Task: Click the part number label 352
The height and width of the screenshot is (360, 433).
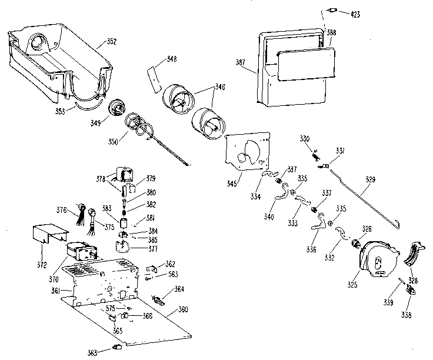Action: (112, 41)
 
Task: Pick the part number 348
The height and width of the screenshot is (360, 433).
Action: (172, 59)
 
